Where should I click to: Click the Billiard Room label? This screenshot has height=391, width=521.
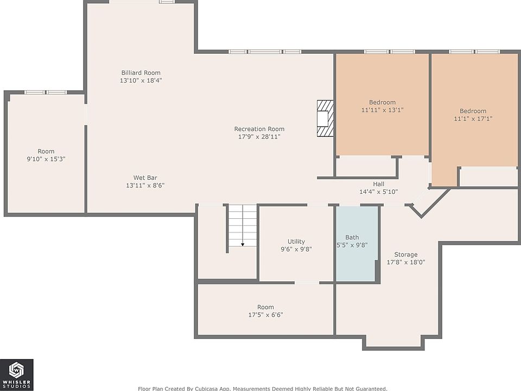(141, 72)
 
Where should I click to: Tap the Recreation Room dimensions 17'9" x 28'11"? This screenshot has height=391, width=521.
(259, 137)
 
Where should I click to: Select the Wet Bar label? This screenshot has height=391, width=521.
(145, 178)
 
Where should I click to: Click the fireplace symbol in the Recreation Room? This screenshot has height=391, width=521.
(325, 118)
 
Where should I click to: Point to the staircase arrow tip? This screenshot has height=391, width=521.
(243, 245)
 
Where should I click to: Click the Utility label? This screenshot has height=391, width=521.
(296, 241)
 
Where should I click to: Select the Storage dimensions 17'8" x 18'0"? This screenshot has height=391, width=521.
(406, 262)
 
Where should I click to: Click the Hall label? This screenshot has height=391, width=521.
(378, 184)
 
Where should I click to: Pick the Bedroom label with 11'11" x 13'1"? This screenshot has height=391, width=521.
(382, 102)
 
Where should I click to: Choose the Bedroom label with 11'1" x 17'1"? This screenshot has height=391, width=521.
(473, 111)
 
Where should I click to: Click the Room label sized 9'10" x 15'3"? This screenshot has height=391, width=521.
(46, 152)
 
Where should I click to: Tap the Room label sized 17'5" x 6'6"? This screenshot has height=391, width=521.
(265, 307)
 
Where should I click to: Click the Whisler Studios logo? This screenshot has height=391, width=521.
(17, 374)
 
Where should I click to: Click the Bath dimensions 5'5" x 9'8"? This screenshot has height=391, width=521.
(352, 245)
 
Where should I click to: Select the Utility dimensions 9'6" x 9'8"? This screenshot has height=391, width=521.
(296, 249)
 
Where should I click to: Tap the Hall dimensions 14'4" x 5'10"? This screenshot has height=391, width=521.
(378, 192)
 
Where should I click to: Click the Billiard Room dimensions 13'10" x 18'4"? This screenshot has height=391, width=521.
(141, 80)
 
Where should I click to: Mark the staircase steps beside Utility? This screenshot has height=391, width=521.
(243, 225)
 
